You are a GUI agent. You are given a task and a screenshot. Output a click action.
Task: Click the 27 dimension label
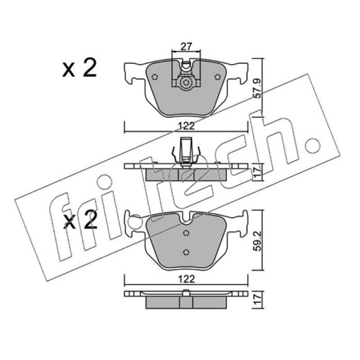pyautogui.click(x=186, y=47)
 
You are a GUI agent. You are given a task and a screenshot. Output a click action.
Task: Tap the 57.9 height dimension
pyautogui.click(x=257, y=89)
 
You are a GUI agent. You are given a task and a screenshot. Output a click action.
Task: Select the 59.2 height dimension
pyautogui.click(x=257, y=241)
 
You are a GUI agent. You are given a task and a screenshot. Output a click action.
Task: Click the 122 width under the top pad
pyautogui.click(x=186, y=126)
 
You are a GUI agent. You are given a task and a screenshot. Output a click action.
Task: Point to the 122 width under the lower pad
pyautogui.click(x=186, y=279)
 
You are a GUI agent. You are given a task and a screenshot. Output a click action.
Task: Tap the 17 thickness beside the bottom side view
pyautogui.click(x=257, y=299)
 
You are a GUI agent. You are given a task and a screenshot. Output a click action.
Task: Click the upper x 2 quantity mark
pyautogui.click(x=80, y=68)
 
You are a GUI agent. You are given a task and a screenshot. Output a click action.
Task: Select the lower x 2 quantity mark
pyautogui.click(x=80, y=220)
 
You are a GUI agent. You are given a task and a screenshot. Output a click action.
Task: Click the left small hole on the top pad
pyautogui.click(x=155, y=77)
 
